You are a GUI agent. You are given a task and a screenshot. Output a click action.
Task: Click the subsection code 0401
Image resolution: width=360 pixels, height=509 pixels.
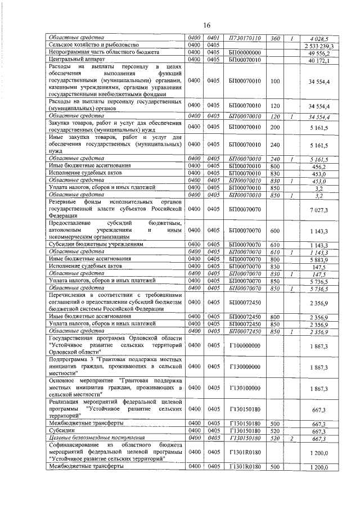[213, 38]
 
